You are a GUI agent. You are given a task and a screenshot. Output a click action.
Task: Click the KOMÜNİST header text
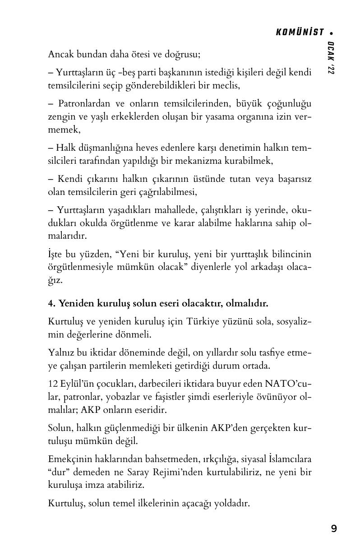pyautogui.click(x=300, y=32)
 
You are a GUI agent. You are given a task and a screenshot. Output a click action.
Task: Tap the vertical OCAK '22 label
pyautogui.click(x=332, y=58)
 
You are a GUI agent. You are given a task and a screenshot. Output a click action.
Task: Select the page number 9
pyautogui.click(x=333, y=528)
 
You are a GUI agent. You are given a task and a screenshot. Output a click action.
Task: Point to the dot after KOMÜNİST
pyautogui.click(x=332, y=32)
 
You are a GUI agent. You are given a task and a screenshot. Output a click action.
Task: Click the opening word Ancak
pyautogui.click(x=60, y=55)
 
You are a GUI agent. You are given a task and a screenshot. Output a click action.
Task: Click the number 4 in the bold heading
pyautogui.click(x=51, y=303)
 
